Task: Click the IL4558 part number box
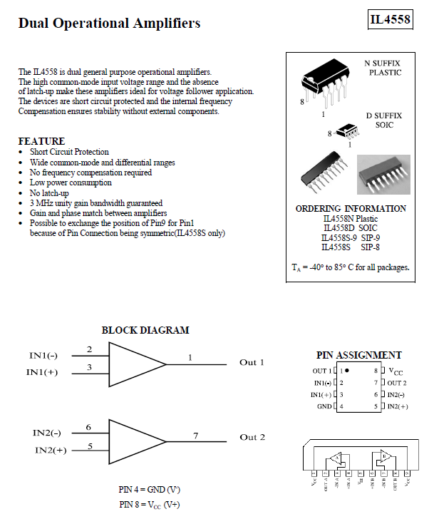(391, 20)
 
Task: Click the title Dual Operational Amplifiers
(109, 24)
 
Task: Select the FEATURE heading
(41, 141)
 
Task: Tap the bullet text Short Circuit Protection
(69, 152)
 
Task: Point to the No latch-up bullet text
(49, 193)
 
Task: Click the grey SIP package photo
(383, 174)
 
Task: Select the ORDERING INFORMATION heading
(351, 209)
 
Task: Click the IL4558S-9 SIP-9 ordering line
(351, 237)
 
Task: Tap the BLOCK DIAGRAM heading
(145, 330)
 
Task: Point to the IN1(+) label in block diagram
(42, 372)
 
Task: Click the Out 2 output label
(252, 437)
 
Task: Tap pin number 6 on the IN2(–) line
(88, 427)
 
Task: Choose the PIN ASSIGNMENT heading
(358, 355)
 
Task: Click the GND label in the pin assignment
(324, 406)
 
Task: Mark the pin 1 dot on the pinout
(347, 371)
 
